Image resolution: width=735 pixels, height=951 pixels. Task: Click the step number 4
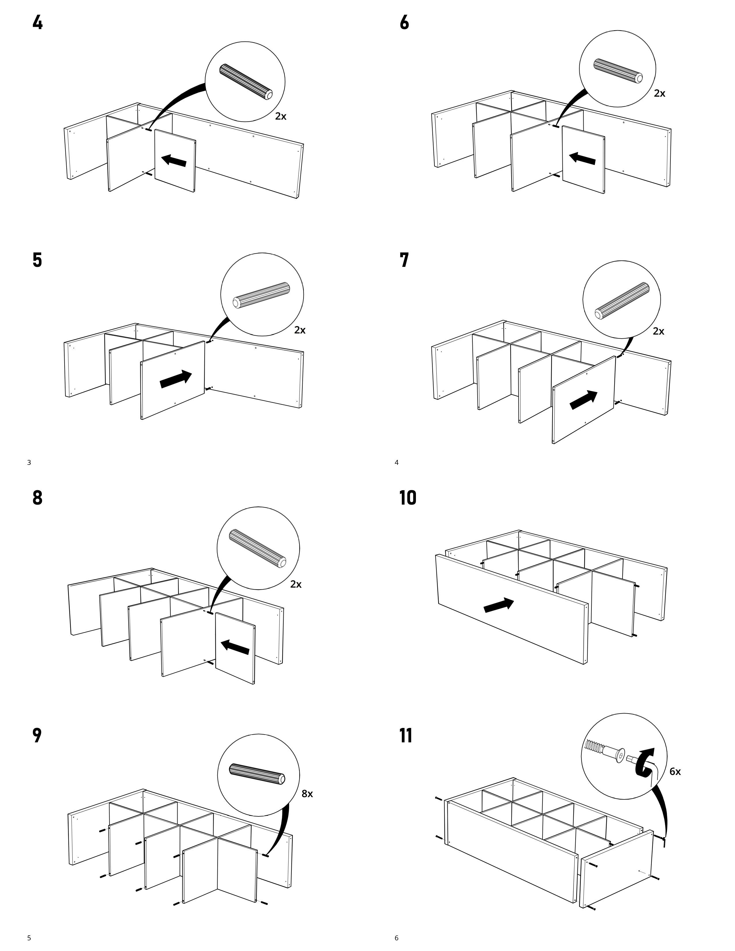click(x=38, y=22)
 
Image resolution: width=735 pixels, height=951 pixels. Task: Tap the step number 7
click(x=404, y=260)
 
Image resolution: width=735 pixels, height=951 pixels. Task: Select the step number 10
click(x=408, y=498)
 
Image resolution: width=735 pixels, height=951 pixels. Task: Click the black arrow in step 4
click(x=174, y=161)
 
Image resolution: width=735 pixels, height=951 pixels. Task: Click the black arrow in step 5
click(x=176, y=379)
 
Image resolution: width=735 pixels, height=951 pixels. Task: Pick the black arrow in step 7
click(x=583, y=399)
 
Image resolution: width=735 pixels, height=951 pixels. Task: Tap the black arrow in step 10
click(x=499, y=605)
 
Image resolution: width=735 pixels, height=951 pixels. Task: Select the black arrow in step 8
click(x=235, y=647)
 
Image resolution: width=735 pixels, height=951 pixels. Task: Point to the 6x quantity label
click(x=675, y=771)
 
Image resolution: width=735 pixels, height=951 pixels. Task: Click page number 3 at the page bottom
click(x=29, y=463)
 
